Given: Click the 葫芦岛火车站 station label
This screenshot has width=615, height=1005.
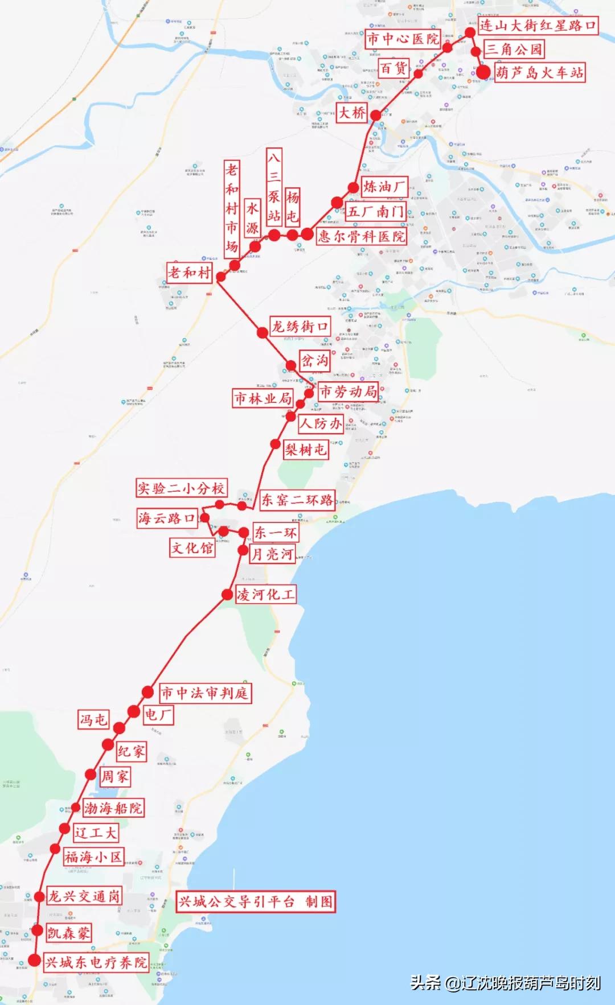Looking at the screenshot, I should pyautogui.click(x=539, y=73).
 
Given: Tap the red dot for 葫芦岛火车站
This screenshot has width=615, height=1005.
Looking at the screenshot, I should pyautogui.click(x=483, y=72).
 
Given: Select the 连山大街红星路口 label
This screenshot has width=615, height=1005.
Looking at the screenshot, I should pyautogui.click(x=538, y=26).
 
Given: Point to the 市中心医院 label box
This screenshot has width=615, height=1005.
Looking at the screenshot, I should pyautogui.click(x=403, y=39).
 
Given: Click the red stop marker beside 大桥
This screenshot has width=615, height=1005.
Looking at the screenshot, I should pyautogui.click(x=376, y=116).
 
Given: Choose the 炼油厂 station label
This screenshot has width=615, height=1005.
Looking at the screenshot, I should pyautogui.click(x=384, y=187).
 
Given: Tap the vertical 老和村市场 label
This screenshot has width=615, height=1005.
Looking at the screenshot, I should pyautogui.click(x=231, y=208).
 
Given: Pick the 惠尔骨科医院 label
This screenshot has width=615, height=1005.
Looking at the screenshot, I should pyautogui.click(x=362, y=236).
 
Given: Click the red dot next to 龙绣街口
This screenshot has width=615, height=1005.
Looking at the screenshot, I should pyautogui.click(x=262, y=333).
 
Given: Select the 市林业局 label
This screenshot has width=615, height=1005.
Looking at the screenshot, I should pyautogui.click(x=263, y=398).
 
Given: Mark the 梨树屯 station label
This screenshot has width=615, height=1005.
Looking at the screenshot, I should pyautogui.click(x=306, y=450).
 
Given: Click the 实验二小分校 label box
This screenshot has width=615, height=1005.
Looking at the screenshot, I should pyautogui.click(x=181, y=488).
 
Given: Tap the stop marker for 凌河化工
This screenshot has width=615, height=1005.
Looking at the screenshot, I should pyautogui.click(x=228, y=595).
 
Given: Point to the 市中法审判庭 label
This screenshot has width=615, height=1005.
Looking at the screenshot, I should pyautogui.click(x=204, y=693).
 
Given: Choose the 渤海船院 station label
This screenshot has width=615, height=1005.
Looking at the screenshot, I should pyautogui.click(x=113, y=808).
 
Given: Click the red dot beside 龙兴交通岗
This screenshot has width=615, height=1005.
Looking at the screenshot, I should pyautogui.click(x=39, y=897).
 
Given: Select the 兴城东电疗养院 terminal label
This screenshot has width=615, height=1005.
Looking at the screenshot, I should pyautogui.click(x=96, y=962).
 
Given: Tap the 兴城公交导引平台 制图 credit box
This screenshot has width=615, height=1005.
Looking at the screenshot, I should pyautogui.click(x=256, y=901).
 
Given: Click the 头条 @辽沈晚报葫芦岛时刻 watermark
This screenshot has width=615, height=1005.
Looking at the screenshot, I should pyautogui.click(x=506, y=983).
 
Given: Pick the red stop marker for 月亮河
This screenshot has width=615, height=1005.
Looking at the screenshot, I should pyautogui.click(x=243, y=550).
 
